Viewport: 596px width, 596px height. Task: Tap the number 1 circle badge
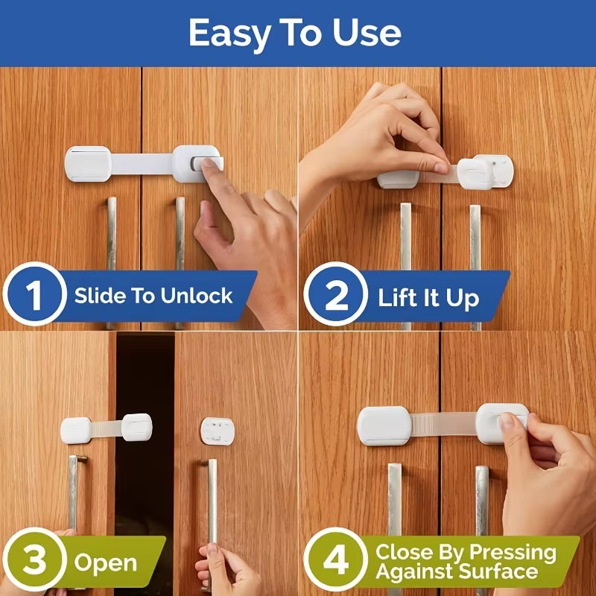35,296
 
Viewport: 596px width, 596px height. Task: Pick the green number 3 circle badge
35,561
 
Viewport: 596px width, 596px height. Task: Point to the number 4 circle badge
336,561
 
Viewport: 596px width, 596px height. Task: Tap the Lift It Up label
428,299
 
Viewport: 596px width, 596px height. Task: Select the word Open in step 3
105,562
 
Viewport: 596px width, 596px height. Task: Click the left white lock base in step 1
88,163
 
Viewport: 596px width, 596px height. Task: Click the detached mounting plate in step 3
217,429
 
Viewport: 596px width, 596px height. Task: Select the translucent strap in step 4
443,424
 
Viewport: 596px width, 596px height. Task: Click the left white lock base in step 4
384,425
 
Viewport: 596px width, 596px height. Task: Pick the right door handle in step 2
475,261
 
